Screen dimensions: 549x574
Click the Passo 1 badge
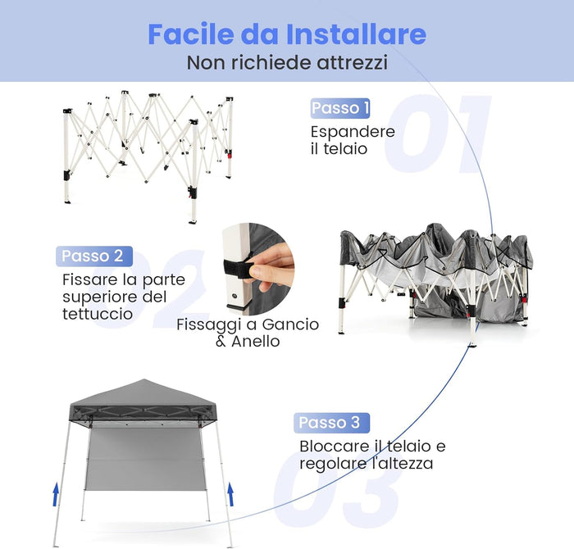coord(341,108)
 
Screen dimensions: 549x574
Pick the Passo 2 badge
coord(93,256)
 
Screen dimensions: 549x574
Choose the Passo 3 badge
coord(330,423)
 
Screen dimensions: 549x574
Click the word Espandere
coord(353,131)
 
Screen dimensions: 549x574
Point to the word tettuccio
coord(98,314)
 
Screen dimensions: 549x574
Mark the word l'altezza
coord(401,464)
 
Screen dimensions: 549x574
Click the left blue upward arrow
coord(56,494)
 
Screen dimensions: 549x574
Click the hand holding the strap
coord(275,262)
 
